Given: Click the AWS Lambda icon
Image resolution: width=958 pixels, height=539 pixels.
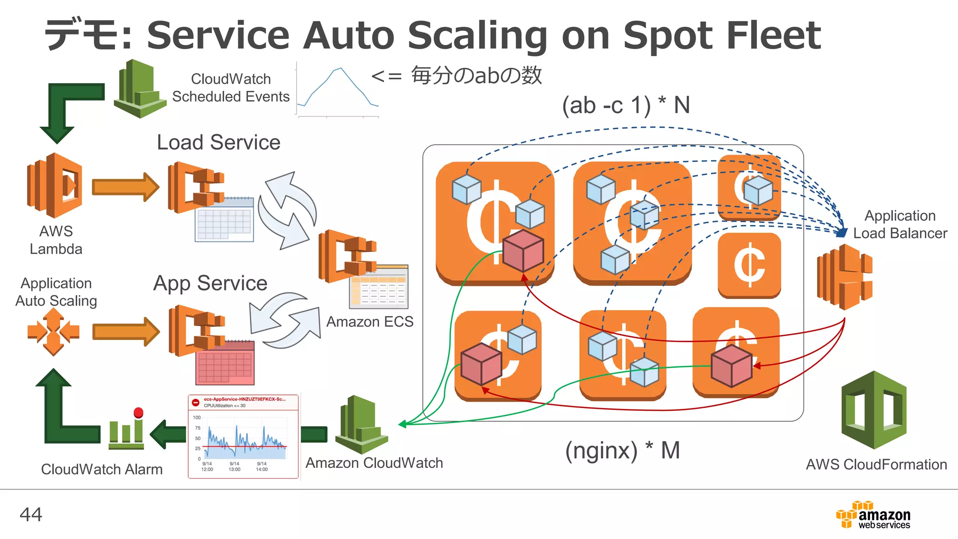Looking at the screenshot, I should pos(55,185).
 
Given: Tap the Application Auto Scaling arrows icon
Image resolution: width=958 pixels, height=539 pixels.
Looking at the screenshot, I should pos(53,332).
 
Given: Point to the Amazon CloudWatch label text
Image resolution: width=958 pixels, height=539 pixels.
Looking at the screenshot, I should pos(374,463).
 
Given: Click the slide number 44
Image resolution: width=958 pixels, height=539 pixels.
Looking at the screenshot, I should pos(31,515).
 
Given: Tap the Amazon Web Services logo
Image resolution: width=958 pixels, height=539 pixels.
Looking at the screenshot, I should pos(873,515).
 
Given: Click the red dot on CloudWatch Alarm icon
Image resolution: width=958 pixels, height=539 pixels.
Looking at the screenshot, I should pos(138,412).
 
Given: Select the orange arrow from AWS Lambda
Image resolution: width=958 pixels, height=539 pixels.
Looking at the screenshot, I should pos(125,187).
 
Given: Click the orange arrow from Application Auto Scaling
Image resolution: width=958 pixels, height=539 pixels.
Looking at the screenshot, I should pos(125,332).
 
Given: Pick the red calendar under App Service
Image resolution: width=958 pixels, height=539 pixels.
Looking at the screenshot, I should pos(225,363).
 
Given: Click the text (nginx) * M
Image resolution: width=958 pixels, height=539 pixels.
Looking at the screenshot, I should pos(622,451).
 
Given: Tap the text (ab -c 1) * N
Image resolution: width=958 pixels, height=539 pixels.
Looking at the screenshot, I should pos(625,105).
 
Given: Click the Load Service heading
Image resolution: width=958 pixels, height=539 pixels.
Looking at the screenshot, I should pos(218,142).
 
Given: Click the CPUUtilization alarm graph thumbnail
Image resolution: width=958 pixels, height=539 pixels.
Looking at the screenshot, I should pos(243,436).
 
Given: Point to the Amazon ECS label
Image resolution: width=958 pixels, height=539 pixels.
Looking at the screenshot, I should pos(370,322).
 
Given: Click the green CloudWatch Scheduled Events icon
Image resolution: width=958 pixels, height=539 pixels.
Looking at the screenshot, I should pos(139,89).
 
